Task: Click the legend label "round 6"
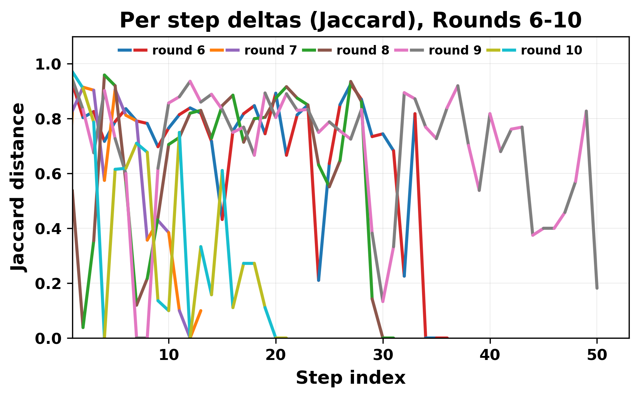coord(178,50)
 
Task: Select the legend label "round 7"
coord(271,50)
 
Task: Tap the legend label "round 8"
coord(363,50)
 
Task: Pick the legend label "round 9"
coord(455,50)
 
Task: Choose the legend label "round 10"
coord(551,50)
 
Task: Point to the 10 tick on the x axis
coord(169,355)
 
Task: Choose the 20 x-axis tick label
coord(276,355)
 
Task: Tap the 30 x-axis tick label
coord(383,355)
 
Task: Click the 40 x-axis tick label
coord(490,355)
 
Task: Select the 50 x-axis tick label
coord(597,355)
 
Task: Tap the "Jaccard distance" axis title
coord(18,187)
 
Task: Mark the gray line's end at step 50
coord(597,288)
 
